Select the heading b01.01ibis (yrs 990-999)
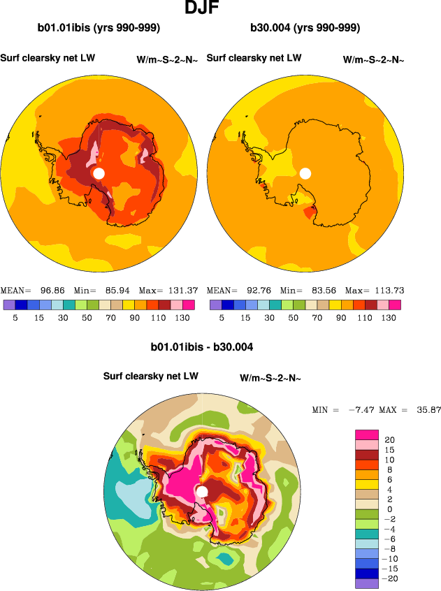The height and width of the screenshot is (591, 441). pos(99,29)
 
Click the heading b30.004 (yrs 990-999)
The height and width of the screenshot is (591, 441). pos(305,29)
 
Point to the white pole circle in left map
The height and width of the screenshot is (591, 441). pos(99,173)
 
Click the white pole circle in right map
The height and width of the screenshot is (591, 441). pos(305,173)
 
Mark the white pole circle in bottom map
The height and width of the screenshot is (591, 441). pos(202,492)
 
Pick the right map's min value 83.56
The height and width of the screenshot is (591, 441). pos(324,291)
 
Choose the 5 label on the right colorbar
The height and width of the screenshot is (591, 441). pos(222,317)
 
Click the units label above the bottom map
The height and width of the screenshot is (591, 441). pos(270,379)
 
